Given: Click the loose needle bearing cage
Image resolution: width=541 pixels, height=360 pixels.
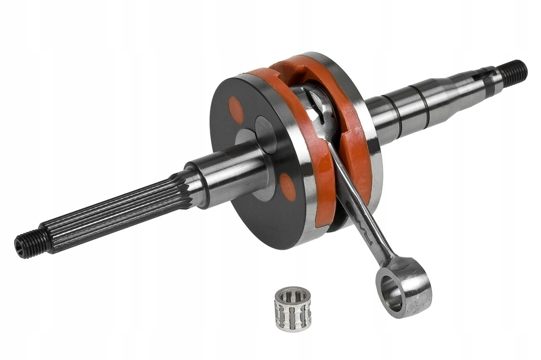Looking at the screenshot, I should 293,308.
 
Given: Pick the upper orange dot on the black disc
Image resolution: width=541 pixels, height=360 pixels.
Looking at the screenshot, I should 236,110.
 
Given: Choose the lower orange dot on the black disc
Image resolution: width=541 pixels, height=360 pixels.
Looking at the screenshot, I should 288,187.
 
